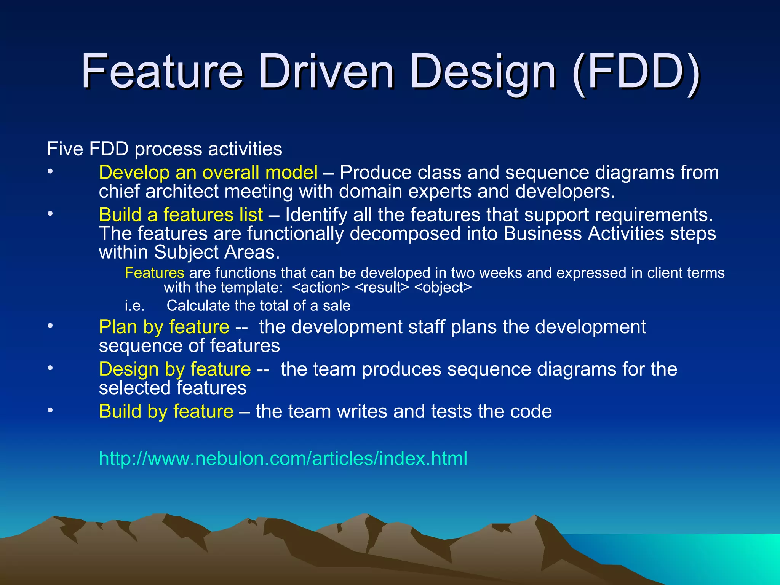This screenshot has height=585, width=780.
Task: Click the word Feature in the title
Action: point(162,71)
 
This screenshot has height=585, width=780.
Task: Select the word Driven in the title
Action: point(326,71)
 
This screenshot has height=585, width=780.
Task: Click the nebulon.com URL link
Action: point(283,458)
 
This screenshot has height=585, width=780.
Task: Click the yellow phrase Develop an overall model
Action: point(208,173)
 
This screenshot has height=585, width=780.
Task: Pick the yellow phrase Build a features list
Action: point(181,215)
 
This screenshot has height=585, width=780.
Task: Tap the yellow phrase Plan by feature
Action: point(164,327)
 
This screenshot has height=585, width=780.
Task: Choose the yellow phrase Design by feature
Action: point(175,369)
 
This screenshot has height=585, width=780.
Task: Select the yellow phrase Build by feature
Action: point(166,412)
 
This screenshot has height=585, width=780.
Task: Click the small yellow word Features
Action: point(154,273)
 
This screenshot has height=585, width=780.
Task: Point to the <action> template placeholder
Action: point(321,288)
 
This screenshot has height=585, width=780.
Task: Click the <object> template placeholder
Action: point(443,288)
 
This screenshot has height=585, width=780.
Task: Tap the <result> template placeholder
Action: point(382,288)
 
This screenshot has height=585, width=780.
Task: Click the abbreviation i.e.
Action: point(134,306)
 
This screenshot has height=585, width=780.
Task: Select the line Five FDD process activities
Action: point(165,149)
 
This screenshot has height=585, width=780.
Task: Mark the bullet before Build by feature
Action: point(50,411)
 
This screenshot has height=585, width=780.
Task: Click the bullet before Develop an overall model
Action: point(50,172)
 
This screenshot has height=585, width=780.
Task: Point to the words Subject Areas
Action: point(216,252)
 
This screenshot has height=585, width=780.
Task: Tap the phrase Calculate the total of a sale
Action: point(258,306)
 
